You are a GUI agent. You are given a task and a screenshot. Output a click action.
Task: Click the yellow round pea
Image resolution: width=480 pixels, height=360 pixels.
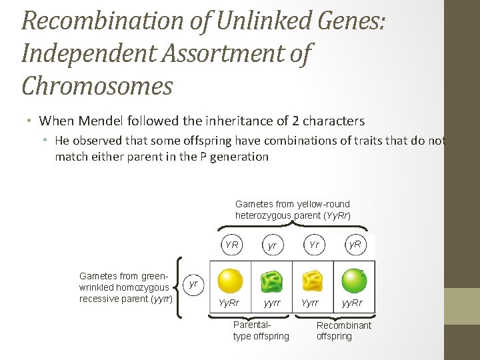point(231,280)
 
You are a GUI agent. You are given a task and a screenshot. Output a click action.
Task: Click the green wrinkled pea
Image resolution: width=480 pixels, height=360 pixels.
point(272,281)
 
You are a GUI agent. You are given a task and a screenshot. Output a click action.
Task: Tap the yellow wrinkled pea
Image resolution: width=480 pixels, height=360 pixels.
point(313,281)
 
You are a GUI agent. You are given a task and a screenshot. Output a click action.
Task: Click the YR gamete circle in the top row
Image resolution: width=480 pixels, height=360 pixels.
point(231,245)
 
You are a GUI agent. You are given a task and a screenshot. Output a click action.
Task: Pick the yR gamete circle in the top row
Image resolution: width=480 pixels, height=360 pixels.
point(355,245)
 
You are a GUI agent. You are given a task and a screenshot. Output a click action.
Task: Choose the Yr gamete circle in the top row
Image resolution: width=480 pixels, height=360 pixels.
point(314,245)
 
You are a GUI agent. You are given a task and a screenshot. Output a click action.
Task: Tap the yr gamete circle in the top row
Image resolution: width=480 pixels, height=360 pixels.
point(272,245)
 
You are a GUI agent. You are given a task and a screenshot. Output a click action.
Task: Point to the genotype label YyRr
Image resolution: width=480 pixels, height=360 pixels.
point(229,303)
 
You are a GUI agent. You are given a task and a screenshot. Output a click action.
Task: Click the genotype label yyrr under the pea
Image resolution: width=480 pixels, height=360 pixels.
point(271,303)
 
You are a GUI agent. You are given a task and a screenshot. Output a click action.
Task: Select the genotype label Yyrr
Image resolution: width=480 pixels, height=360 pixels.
point(311,303)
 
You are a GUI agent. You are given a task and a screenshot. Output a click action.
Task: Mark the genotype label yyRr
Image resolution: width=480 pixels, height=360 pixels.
point(353,303)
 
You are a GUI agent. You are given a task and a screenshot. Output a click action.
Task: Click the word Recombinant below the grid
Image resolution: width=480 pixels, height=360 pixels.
point(344,325)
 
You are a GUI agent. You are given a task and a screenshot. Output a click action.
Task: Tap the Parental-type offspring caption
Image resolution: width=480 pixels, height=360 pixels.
point(261,331)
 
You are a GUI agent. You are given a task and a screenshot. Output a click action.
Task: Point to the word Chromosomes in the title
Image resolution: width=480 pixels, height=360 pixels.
point(97,85)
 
